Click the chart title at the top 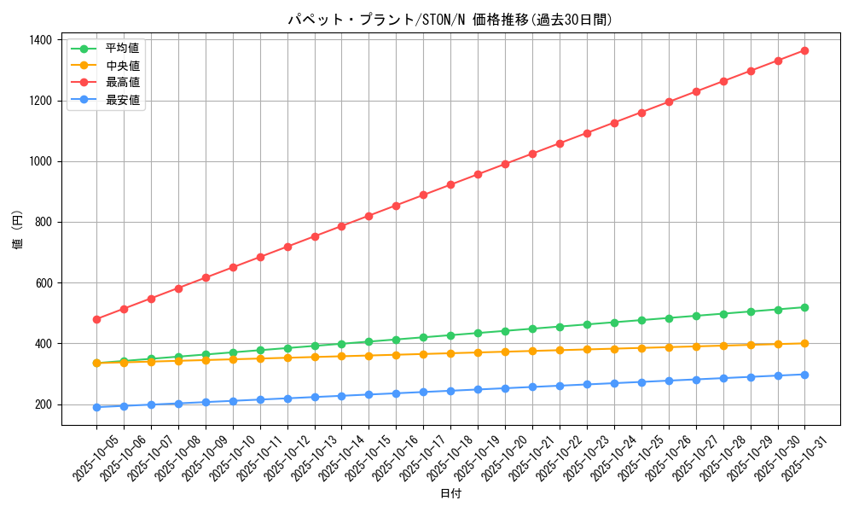[x=450, y=20]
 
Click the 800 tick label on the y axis [x=42, y=222]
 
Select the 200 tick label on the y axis [x=42, y=404]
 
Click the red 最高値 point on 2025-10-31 [x=804, y=50]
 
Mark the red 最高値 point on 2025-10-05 [x=96, y=319]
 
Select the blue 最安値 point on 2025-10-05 [x=96, y=407]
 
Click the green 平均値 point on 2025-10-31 [x=804, y=307]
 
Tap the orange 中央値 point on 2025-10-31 [x=804, y=343]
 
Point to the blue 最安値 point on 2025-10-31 [x=804, y=375]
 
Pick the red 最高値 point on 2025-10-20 [x=505, y=164]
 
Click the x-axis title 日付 [x=450, y=494]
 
